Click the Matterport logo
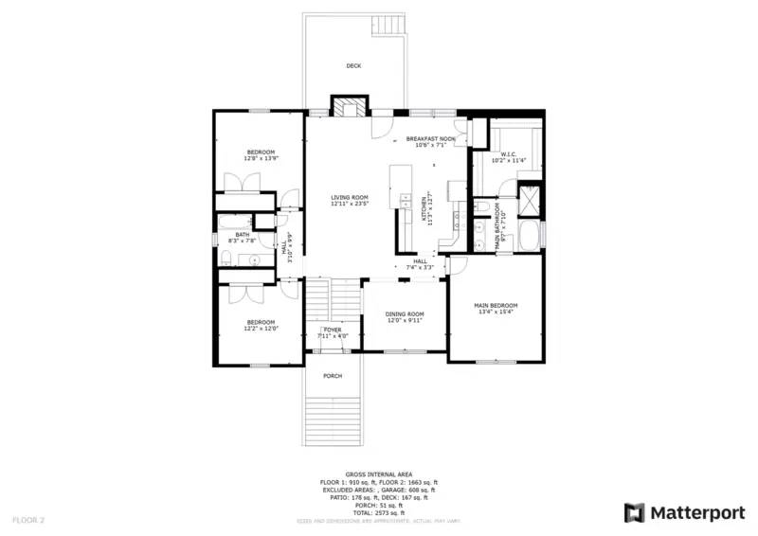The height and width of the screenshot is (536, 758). [x=684, y=512]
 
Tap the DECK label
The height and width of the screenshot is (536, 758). [x=353, y=66]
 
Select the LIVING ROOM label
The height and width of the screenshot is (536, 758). [x=350, y=197]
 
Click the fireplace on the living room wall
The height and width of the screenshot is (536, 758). [x=347, y=106]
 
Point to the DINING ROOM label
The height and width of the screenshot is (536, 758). [x=405, y=313]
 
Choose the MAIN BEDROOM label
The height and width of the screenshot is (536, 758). [x=496, y=305]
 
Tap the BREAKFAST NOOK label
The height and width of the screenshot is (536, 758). [x=431, y=139]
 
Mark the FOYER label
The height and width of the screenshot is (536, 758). [x=333, y=330]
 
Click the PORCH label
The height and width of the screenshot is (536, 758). [x=333, y=376]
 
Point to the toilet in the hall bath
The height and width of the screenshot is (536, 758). [x=226, y=256]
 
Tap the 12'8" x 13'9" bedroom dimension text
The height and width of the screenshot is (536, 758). [x=261, y=159]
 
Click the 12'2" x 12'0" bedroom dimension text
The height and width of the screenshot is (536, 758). [x=261, y=329]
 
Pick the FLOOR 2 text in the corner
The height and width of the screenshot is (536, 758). [x=28, y=520]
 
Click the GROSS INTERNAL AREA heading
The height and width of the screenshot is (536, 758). [x=378, y=473]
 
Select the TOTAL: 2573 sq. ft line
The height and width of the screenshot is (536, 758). [x=378, y=511]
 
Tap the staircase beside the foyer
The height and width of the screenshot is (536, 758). [x=319, y=303]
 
